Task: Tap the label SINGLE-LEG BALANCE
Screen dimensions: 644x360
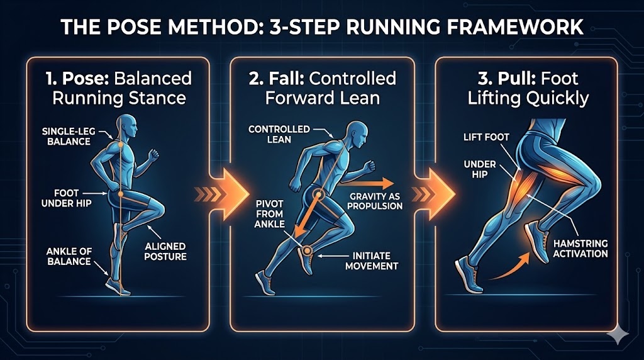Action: coord(69,137)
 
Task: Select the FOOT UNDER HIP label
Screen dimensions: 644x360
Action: coord(67,198)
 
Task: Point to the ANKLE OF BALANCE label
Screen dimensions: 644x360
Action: coord(69,256)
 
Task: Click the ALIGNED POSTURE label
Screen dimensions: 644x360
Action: coord(165,252)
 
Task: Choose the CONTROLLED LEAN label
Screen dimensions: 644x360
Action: coord(279,135)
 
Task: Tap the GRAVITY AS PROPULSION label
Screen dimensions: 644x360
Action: coord(375,201)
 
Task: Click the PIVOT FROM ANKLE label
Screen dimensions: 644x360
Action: coord(269,214)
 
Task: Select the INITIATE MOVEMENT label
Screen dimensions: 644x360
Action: coord(372,261)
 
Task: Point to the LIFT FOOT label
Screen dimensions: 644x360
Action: coord(486,137)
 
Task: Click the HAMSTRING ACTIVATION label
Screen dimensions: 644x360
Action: coord(580,249)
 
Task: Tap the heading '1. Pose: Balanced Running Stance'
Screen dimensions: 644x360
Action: coord(119,88)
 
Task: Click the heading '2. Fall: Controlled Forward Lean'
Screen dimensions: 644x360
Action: coord(323,88)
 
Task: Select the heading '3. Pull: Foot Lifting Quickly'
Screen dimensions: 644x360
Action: coord(528,88)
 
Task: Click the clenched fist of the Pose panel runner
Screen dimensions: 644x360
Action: coord(153,155)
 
